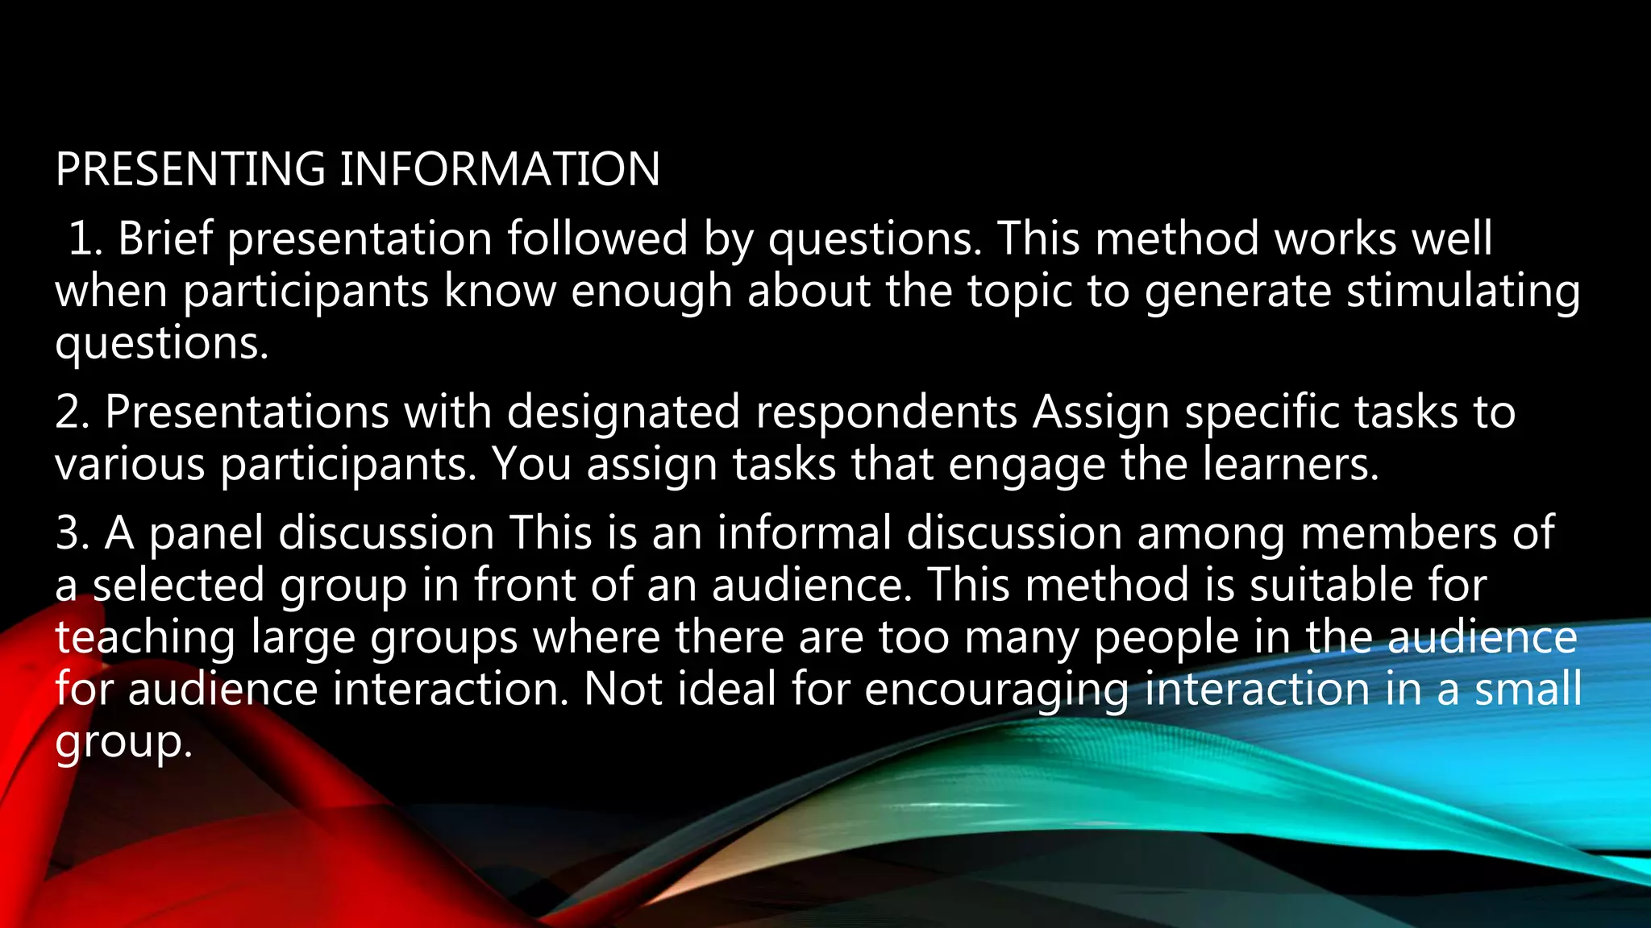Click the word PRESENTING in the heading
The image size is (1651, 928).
pyautogui.click(x=190, y=169)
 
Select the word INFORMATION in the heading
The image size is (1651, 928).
pyautogui.click(x=499, y=169)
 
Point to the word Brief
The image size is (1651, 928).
pyautogui.click(x=165, y=239)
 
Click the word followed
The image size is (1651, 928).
pyautogui.click(x=597, y=239)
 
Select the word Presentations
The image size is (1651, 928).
pyautogui.click(x=247, y=412)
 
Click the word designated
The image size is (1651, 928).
pyautogui.click(x=623, y=412)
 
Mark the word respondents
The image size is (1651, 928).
pyautogui.click(x=886, y=412)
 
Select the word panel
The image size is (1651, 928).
pyautogui.click(x=206, y=534)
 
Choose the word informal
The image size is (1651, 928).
pyautogui.click(x=804, y=534)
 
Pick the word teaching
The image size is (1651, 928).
pyautogui.click(x=145, y=638)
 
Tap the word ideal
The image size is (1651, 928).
pyautogui.click(x=726, y=690)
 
